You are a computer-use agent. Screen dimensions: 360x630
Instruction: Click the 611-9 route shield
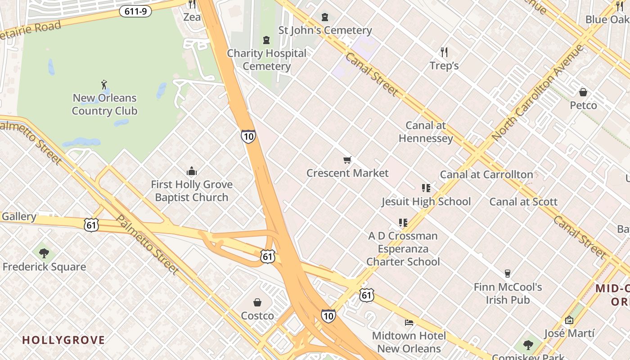click(x=135, y=12)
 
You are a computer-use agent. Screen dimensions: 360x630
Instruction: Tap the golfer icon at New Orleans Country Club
click(x=104, y=84)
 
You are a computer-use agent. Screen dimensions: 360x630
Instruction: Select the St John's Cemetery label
click(x=325, y=30)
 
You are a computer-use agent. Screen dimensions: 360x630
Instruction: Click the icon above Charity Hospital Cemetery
click(x=266, y=40)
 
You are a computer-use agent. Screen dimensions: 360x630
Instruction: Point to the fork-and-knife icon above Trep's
click(x=444, y=52)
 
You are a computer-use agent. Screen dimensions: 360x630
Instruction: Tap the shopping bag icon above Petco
click(x=583, y=92)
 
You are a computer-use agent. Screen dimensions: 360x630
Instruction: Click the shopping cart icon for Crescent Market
click(x=347, y=160)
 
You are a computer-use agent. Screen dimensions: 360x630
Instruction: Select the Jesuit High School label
click(x=426, y=202)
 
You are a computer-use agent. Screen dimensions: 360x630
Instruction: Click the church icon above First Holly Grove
click(x=192, y=171)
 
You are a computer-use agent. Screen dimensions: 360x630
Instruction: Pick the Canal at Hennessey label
click(x=426, y=131)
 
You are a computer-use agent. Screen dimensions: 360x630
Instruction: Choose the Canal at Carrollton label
click(x=486, y=175)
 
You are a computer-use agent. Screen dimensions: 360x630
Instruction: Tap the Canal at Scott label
click(x=523, y=202)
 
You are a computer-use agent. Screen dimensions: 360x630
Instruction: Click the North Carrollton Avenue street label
click(x=537, y=92)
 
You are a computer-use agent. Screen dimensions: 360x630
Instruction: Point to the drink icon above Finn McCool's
click(x=508, y=274)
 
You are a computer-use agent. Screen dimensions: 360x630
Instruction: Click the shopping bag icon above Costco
click(x=257, y=302)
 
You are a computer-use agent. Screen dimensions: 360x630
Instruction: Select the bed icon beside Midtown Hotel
click(x=409, y=322)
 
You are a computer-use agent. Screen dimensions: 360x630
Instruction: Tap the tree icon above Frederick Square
click(x=44, y=253)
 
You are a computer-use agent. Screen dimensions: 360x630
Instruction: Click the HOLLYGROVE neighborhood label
click(x=63, y=340)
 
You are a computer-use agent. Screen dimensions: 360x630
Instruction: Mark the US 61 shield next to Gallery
click(x=91, y=225)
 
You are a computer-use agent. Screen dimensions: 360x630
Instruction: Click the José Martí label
click(x=569, y=333)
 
